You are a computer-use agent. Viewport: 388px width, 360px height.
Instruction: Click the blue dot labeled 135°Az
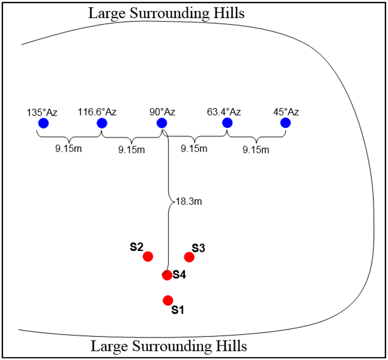pos(43,123)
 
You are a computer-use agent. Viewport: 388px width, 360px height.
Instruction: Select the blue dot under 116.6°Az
pos(102,123)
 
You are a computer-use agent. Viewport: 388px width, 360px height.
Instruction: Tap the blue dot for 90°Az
pos(162,123)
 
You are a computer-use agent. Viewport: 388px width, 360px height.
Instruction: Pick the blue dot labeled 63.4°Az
pos(227,123)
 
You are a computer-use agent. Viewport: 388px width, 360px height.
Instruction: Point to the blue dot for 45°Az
pos(285,123)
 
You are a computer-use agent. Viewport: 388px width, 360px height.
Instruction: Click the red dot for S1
pos(168,300)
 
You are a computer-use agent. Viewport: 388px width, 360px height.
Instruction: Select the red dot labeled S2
pos(148,256)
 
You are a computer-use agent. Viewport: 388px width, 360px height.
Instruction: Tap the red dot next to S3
pos(189,257)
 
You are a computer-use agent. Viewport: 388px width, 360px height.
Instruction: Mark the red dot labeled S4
pos(167,275)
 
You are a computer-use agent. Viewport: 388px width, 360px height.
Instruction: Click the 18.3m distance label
pos(189,201)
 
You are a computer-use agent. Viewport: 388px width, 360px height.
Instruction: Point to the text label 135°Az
pos(42,112)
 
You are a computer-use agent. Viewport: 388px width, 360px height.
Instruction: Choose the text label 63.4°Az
pos(224,112)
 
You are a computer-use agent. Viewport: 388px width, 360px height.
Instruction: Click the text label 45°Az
pos(286,112)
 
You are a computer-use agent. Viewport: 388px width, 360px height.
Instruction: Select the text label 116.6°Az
pos(97,112)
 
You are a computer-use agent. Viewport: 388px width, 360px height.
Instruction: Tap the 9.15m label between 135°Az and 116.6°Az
pos(69,148)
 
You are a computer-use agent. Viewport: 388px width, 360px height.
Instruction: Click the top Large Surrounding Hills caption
pos(166,13)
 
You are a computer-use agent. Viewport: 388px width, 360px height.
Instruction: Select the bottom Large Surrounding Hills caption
pos(169,346)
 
